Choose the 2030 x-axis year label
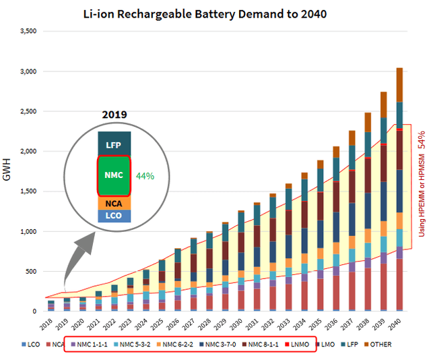[238, 324]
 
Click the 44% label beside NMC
[145, 175]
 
